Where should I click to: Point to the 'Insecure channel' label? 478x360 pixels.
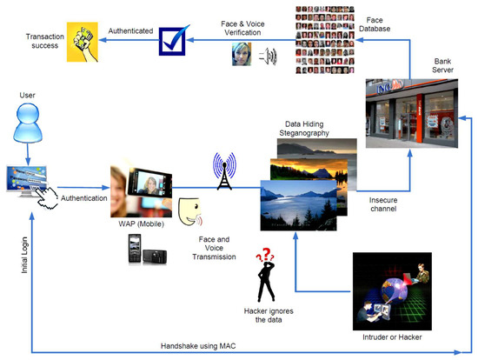pos(382,204)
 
